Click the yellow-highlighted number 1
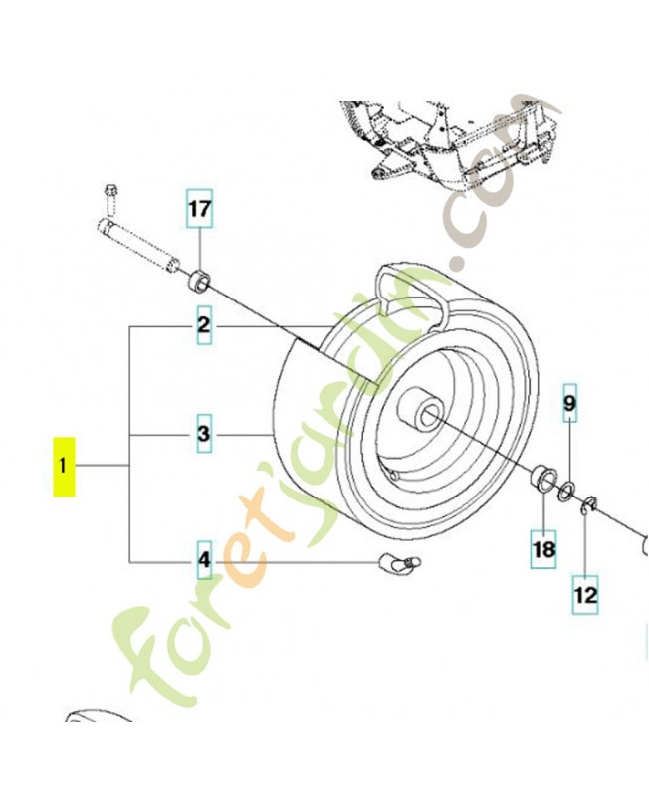65,466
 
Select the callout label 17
200,210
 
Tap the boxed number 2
203,325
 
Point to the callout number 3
203,435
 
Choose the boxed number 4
203,563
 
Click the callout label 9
569,404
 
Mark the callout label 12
585,595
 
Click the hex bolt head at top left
110,190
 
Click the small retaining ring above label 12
587,503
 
